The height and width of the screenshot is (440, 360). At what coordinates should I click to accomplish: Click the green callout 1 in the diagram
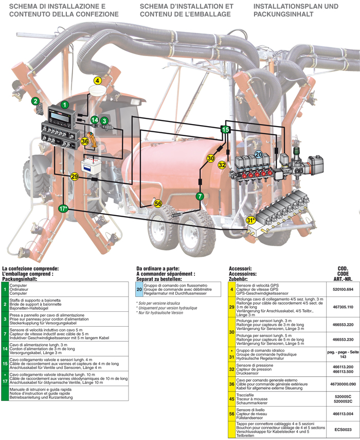tap(65, 104)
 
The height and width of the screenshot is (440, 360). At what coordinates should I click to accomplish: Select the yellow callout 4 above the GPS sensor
tap(98, 80)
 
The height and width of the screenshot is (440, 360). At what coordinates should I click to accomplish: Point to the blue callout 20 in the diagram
tap(259, 154)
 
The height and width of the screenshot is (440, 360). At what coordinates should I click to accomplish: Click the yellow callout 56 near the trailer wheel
tap(158, 204)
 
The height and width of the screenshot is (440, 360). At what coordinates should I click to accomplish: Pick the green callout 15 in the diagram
tap(225, 130)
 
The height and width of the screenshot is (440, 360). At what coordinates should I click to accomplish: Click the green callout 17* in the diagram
tap(63, 209)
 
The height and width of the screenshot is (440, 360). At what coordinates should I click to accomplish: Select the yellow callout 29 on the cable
tap(75, 177)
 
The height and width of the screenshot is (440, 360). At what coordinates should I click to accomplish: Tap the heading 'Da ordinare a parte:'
tap(158, 269)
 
